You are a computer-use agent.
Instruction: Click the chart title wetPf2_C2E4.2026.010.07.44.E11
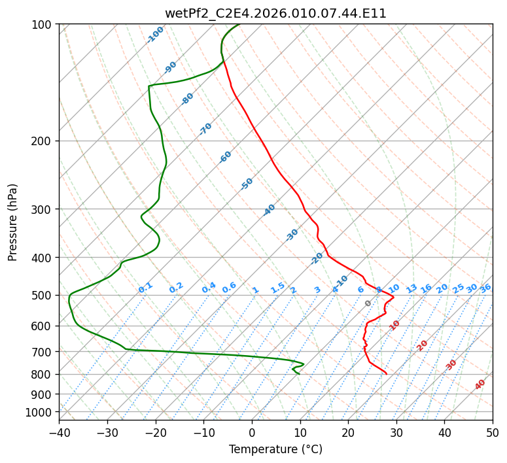point(275,14)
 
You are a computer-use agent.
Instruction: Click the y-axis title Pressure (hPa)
point(12,222)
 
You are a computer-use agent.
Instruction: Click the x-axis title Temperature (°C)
point(275,449)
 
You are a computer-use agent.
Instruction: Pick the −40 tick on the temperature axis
point(59,432)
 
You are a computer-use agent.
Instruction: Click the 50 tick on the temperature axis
point(493,432)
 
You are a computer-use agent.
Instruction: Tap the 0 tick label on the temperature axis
point(252,432)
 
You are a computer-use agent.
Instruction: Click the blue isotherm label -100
point(155,35)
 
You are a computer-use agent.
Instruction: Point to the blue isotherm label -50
point(247,184)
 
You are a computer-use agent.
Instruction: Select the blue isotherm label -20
point(317,258)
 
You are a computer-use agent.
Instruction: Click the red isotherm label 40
point(480,385)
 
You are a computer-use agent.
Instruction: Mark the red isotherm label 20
point(422,346)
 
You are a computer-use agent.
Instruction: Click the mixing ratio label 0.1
point(145,288)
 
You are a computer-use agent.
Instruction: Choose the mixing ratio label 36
point(485,288)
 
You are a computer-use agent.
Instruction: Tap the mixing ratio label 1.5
point(278,288)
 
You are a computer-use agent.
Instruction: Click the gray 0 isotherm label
point(368,303)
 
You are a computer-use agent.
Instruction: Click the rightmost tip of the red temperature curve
point(394,297)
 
